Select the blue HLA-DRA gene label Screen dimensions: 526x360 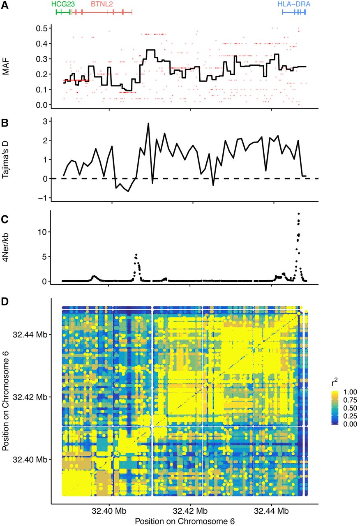click(x=294, y=4)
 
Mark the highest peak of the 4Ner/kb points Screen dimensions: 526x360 click(x=299, y=214)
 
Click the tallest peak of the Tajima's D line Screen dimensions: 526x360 click(x=148, y=123)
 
